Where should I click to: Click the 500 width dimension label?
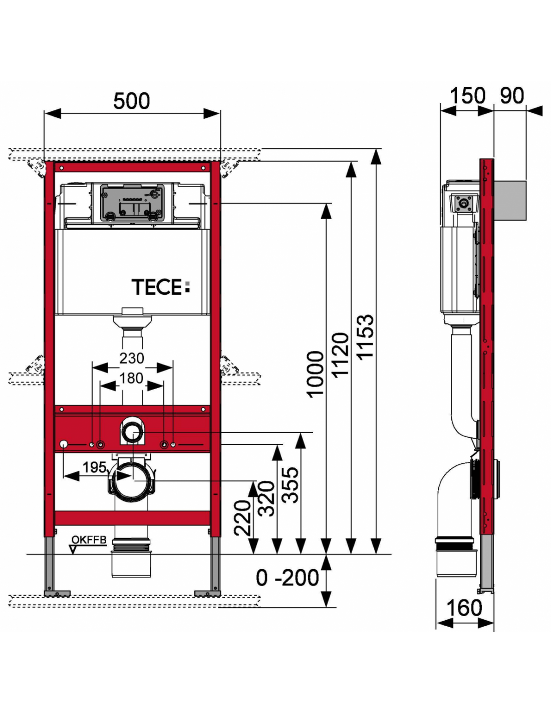pos(131,101)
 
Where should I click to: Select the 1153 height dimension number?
pos(365,336)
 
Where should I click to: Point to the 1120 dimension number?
pos(341,355)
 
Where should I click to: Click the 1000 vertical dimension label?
pos(316,374)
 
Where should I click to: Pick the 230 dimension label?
pos(131,359)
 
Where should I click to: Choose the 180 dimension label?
pos(131,378)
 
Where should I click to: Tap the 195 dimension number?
pos(94,467)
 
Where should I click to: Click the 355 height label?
pos(291,485)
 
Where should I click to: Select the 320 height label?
pos(266,498)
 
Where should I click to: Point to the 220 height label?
pos(243,518)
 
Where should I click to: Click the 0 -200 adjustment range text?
pos(287,578)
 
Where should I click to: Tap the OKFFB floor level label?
pos(89,540)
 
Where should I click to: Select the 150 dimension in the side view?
pos(467,96)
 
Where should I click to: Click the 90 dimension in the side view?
pos(511,96)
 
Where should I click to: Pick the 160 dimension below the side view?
pos(464,608)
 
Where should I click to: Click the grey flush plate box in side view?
pos(510,201)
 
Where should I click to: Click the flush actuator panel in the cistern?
pos(132,202)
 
